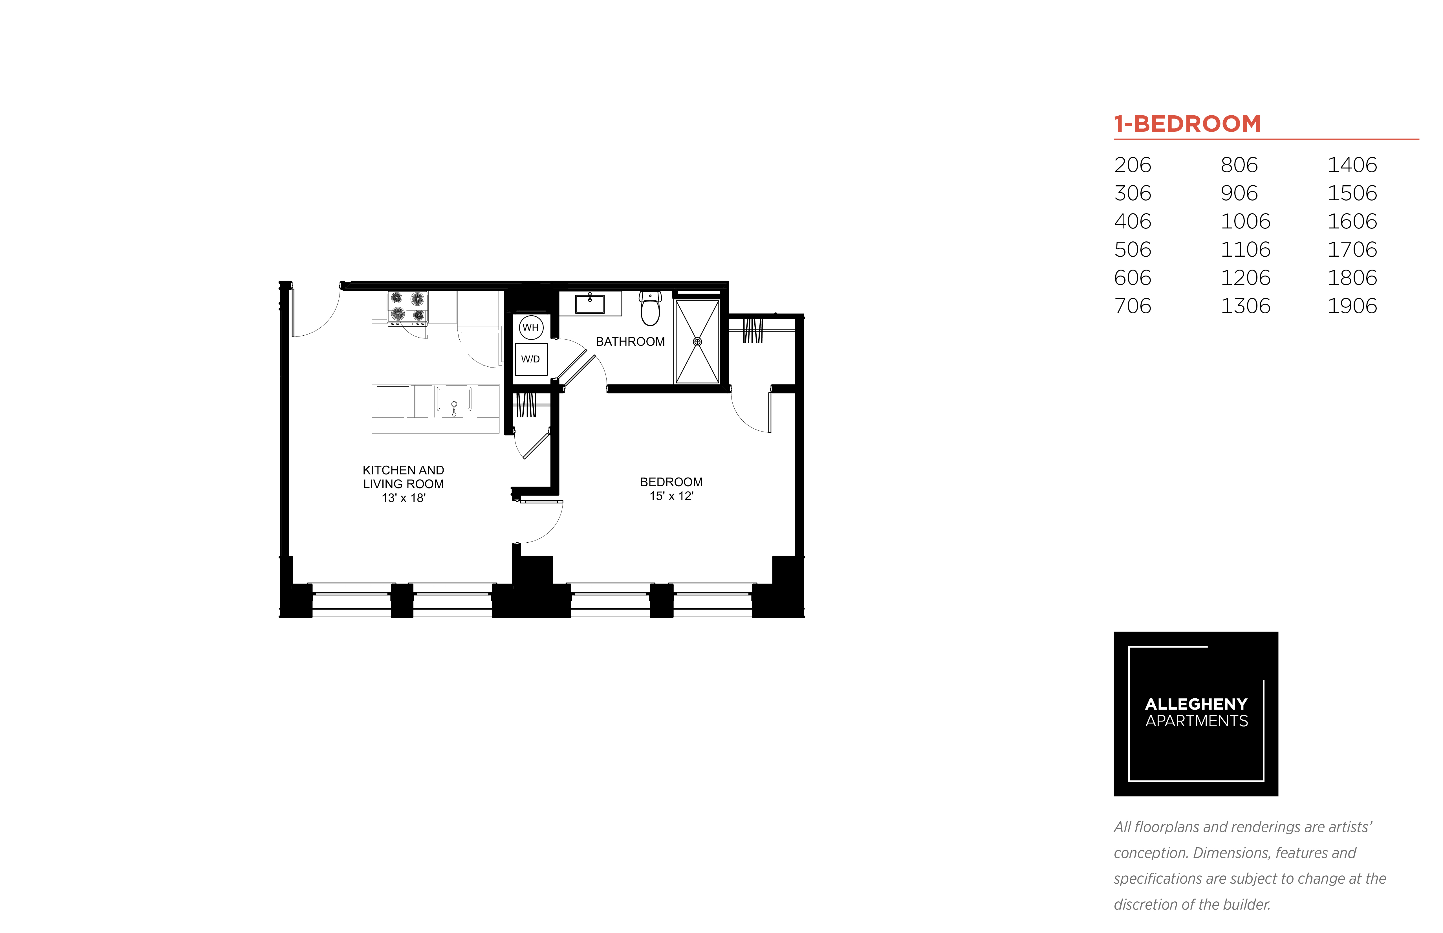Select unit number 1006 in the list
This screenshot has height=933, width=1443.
click(1245, 221)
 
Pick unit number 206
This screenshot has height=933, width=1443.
click(1132, 165)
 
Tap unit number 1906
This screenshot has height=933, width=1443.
click(1352, 306)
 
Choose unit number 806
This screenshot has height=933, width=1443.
click(1239, 165)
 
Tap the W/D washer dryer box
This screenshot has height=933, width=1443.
click(531, 359)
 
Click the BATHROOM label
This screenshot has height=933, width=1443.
click(630, 342)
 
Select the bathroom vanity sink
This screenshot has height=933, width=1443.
click(589, 303)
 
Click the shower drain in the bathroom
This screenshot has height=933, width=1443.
click(697, 342)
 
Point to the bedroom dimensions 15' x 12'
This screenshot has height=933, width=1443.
click(671, 496)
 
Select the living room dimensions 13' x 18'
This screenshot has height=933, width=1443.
click(404, 498)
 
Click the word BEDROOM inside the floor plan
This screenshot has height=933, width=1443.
click(671, 482)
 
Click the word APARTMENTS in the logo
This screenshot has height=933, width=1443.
click(1197, 721)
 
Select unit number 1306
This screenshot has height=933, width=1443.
click(1245, 306)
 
